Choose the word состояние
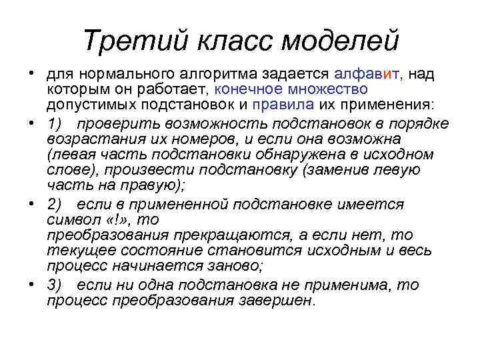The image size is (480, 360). (x=147, y=251)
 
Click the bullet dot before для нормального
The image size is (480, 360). (x=31, y=73)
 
